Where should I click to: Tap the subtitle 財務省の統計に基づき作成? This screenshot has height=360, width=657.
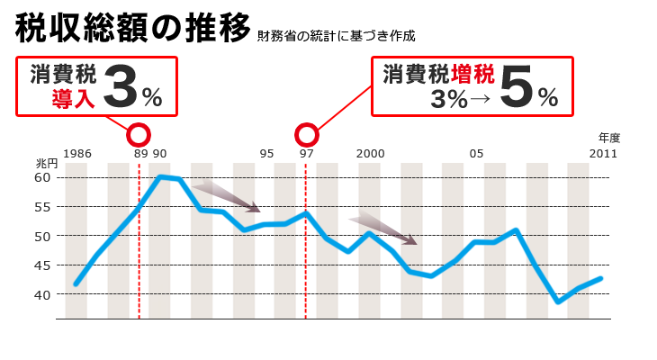tap(336, 36)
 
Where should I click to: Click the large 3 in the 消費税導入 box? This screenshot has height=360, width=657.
tap(121, 87)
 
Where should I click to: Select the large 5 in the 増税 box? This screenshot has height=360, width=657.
tap(516, 88)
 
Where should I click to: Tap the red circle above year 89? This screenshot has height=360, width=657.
tap(139, 135)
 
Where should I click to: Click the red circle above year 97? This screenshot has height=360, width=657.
tap(307, 135)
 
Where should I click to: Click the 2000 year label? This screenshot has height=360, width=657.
tap(370, 154)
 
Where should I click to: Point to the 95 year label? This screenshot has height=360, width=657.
tap(266, 154)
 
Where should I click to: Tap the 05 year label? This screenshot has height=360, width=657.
tap(476, 154)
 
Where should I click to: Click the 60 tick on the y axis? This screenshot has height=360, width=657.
tap(43, 177)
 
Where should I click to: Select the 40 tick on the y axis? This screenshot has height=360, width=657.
tap(43, 294)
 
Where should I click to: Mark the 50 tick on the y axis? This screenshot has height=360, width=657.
tap(43, 236)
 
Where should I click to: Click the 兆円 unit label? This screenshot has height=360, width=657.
tap(46, 164)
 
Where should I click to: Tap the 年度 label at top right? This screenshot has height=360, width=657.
tap(609, 138)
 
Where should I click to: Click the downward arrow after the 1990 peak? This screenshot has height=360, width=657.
tap(226, 197)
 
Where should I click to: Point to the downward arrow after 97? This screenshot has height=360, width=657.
tap(382, 229)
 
